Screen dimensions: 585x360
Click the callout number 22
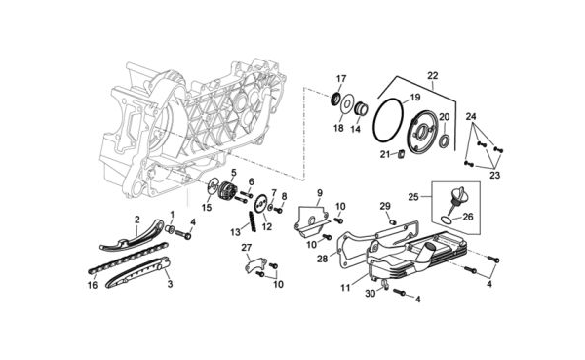(432, 75)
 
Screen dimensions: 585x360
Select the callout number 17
(341, 79)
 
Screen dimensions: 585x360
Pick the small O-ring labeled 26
(446, 220)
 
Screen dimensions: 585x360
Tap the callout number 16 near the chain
(93, 285)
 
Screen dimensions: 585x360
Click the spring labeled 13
(253, 221)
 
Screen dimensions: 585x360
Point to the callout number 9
(320, 193)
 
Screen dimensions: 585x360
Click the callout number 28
(323, 259)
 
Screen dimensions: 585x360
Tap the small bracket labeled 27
(255, 264)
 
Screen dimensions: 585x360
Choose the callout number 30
(370, 294)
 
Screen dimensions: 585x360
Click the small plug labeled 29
(392, 222)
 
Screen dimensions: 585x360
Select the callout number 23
(494, 175)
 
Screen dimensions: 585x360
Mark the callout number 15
(207, 207)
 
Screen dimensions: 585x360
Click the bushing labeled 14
(361, 109)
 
